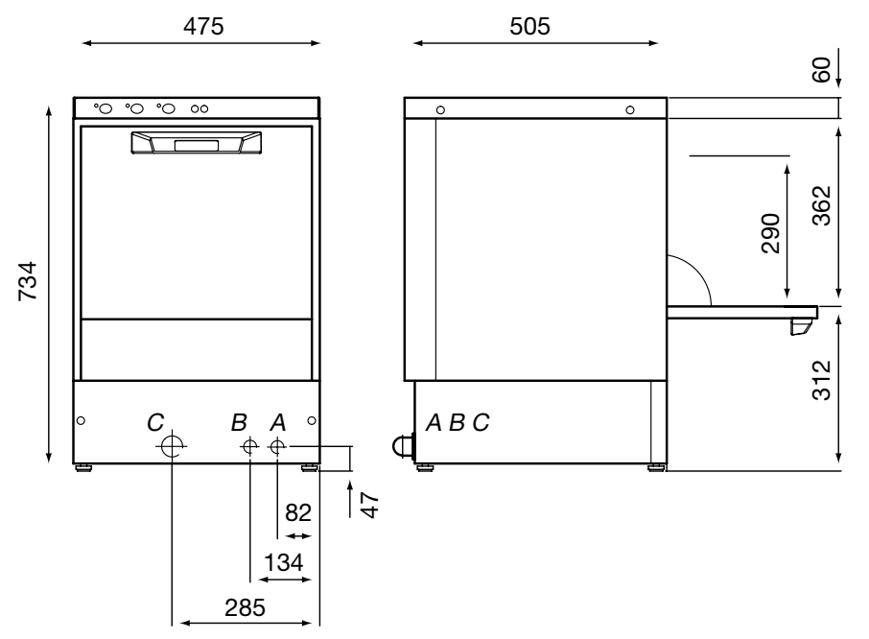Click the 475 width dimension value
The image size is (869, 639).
[x=203, y=26]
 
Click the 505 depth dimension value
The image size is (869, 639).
[x=529, y=26]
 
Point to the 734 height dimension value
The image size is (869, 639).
[x=28, y=281]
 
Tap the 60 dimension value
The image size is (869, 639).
[x=821, y=70]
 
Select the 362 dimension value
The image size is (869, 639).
[x=821, y=205]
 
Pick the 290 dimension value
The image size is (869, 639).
[x=771, y=233]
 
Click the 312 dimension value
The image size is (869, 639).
[x=821, y=380]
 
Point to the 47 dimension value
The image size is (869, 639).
[x=369, y=505]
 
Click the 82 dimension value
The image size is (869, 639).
[x=298, y=512]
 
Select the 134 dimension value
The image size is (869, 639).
[x=284, y=562]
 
